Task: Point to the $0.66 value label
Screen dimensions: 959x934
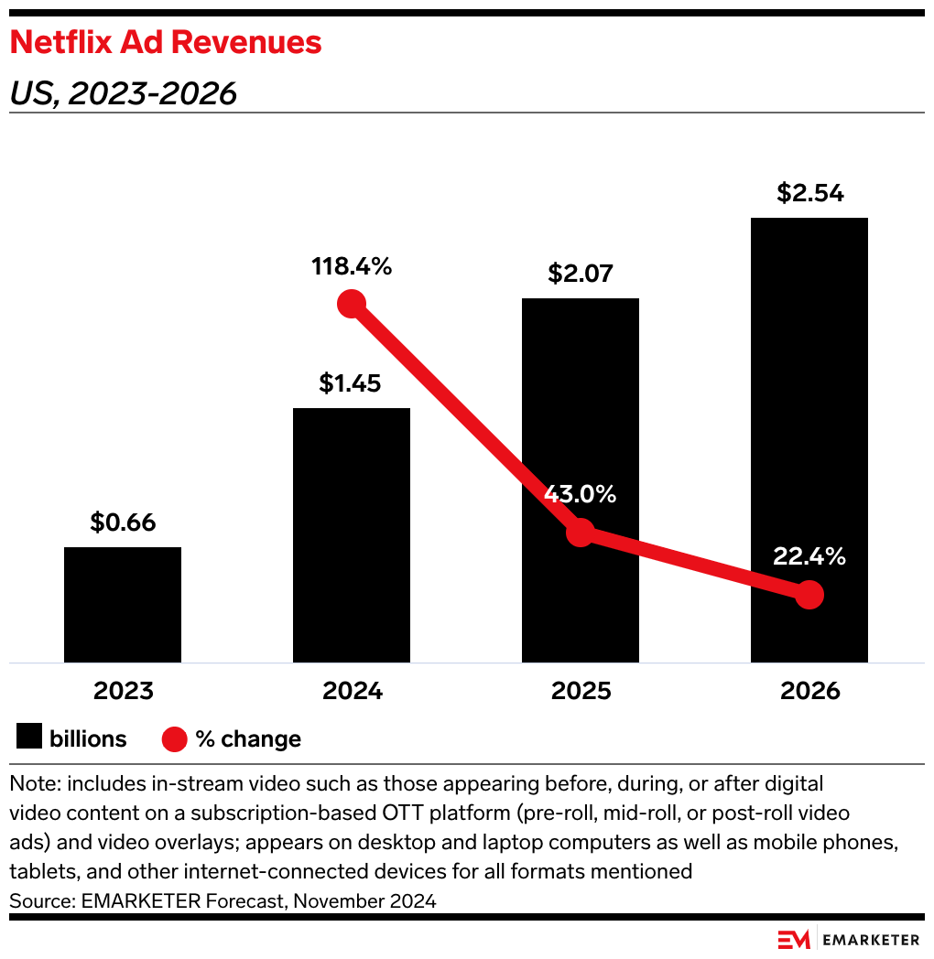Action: [123, 523]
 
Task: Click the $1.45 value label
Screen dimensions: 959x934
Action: [352, 383]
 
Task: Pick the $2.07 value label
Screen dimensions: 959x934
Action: [581, 273]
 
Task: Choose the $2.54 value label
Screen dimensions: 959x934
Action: [809, 193]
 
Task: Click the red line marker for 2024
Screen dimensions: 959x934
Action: [352, 304]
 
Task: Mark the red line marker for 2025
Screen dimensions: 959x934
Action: [581, 533]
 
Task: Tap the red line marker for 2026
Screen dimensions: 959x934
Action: [809, 596]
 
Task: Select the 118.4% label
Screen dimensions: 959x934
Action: [352, 267]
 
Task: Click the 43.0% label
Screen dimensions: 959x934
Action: [581, 495]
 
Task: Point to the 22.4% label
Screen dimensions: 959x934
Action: [809, 556]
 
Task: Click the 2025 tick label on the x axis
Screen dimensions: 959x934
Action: [581, 691]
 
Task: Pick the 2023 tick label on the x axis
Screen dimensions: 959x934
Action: [123, 691]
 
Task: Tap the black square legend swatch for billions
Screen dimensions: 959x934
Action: [29, 738]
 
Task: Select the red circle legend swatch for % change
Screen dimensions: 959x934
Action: [174, 738]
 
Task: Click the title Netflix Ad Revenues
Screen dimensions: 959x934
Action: [166, 42]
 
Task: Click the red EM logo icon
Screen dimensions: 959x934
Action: [794, 940]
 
